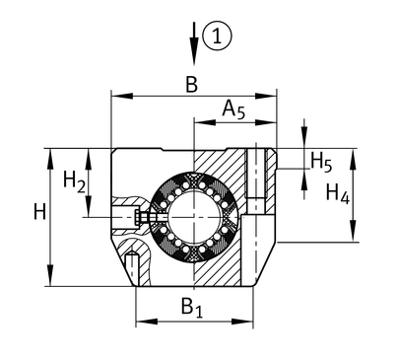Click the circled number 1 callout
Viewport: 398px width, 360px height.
[x=217, y=36]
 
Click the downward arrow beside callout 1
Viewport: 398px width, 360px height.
[x=194, y=43]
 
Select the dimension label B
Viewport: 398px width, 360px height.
[x=192, y=84]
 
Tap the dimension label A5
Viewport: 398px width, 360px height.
[x=233, y=109]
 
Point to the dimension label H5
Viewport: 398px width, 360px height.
[x=321, y=162]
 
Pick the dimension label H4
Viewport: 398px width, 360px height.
[x=337, y=193]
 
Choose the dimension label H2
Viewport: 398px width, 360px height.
[x=74, y=181]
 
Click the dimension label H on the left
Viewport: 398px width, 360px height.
[x=39, y=212]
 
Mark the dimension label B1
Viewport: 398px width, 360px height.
[x=192, y=308]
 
